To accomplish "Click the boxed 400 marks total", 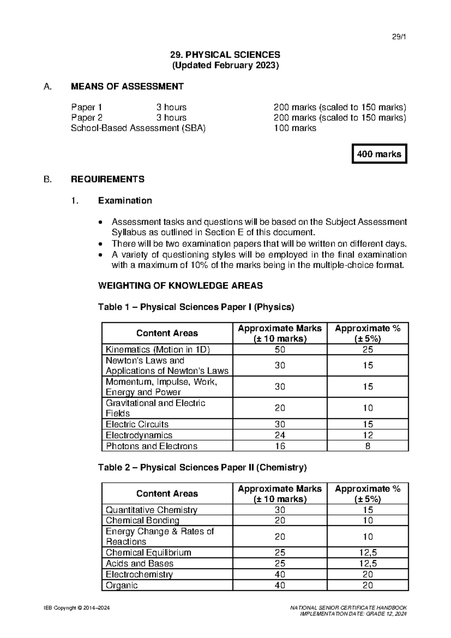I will pyautogui.click(x=379, y=154).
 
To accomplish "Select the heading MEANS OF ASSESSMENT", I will pyautogui.click(x=127, y=87).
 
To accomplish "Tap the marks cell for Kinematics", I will pyautogui.click(x=280, y=349).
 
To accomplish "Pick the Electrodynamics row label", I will pyautogui.click(x=139, y=435).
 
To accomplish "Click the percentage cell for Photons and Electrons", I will pyautogui.click(x=368, y=446).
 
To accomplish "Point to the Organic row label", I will pyautogui.click(x=122, y=585).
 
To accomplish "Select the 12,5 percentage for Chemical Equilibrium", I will pyautogui.click(x=368, y=553).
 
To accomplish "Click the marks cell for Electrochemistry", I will pyautogui.click(x=280, y=574).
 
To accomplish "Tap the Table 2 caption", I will pyautogui.click(x=202, y=468).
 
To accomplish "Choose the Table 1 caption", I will pyautogui.click(x=196, y=307).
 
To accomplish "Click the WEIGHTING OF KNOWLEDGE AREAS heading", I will pyautogui.click(x=180, y=286).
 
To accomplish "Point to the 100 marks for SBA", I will pyautogui.click(x=295, y=128).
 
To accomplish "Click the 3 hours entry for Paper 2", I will pyautogui.click(x=171, y=118).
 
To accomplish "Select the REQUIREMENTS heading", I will pyautogui.click(x=107, y=179).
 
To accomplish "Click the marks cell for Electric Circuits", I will pyautogui.click(x=280, y=424).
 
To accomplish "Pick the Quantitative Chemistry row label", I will pyautogui.click(x=151, y=510).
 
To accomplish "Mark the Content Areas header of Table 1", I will pyautogui.click(x=167, y=333).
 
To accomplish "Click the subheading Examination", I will pyautogui.click(x=125, y=201).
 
